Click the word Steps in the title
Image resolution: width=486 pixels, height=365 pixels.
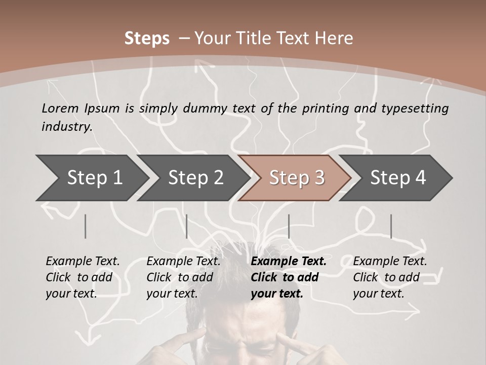pyautogui.click(x=147, y=38)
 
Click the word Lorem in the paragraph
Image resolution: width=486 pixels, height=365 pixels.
pyautogui.click(x=60, y=108)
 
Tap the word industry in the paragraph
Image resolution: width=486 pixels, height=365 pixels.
pyautogui.click(x=66, y=126)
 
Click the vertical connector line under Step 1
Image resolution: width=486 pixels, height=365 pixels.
pyautogui.click(x=86, y=226)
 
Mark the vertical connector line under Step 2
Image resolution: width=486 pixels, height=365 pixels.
pyautogui.click(x=187, y=226)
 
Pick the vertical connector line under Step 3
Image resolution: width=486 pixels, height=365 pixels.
pyautogui.click(x=289, y=226)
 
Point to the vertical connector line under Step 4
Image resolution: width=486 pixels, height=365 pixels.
pyautogui.click(x=391, y=226)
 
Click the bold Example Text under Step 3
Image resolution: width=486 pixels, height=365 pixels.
pyautogui.click(x=289, y=262)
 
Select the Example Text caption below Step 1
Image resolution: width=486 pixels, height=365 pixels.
pyautogui.click(x=83, y=262)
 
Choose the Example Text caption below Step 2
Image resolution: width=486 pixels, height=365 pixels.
pyautogui.click(x=183, y=262)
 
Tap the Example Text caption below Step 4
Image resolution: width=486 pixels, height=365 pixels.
pyautogui.click(x=390, y=262)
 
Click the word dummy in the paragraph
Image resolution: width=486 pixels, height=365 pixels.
pyautogui.click(x=208, y=108)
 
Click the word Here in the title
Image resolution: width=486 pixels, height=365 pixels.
pyautogui.click(x=334, y=38)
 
